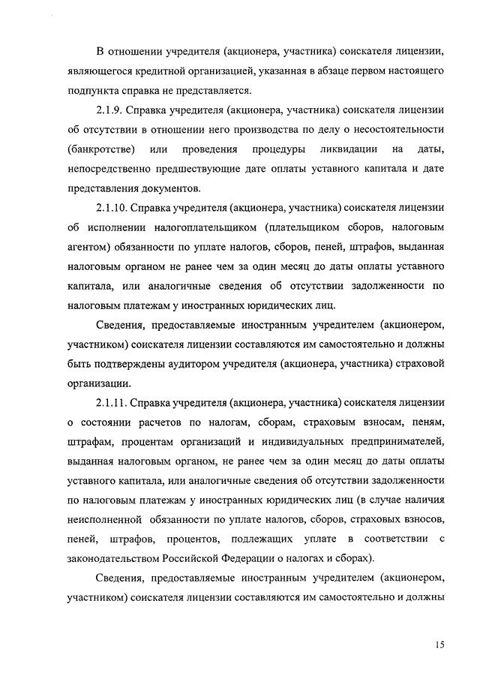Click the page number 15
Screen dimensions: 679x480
pyautogui.click(x=439, y=644)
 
